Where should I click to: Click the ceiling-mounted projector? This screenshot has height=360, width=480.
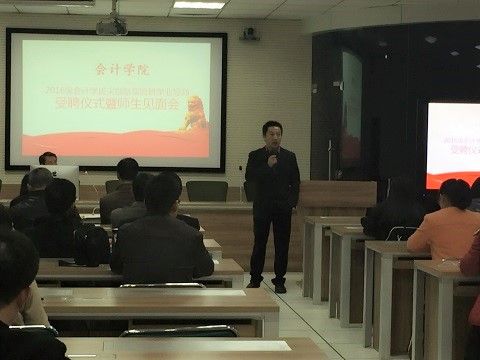point(111,25)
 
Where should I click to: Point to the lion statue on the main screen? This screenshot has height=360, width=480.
point(192,113)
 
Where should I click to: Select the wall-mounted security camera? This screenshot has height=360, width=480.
point(249,33)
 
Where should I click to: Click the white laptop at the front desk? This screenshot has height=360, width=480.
point(63,177)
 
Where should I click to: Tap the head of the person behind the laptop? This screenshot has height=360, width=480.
point(48,159)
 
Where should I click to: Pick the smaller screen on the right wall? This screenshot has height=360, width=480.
point(453,145)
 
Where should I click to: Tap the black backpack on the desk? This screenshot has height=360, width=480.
point(91,244)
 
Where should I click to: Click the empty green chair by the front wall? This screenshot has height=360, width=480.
point(207,191)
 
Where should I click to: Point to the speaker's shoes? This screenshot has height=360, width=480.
point(268,287)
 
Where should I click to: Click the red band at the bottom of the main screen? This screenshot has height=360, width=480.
point(115,145)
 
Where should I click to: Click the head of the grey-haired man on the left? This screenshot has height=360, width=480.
point(39,181)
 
